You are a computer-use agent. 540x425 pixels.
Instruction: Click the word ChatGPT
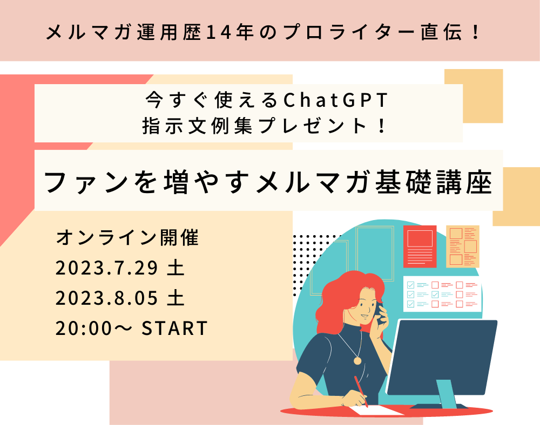(x=335, y=100)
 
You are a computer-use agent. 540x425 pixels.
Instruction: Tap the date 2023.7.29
(x=107, y=268)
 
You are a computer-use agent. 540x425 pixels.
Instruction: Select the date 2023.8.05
(x=107, y=298)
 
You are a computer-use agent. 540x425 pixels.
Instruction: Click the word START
(x=174, y=328)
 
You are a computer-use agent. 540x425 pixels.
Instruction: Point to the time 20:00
(x=84, y=328)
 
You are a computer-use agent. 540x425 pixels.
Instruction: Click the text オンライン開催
(x=127, y=237)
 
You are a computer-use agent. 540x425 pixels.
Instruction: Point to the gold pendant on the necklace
(x=357, y=361)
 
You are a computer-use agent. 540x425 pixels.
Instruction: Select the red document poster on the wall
(x=420, y=246)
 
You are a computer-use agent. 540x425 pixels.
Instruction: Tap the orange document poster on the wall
(x=463, y=246)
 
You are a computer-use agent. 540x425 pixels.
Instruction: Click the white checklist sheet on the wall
(x=442, y=294)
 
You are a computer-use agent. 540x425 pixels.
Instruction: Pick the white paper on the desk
(x=375, y=410)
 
